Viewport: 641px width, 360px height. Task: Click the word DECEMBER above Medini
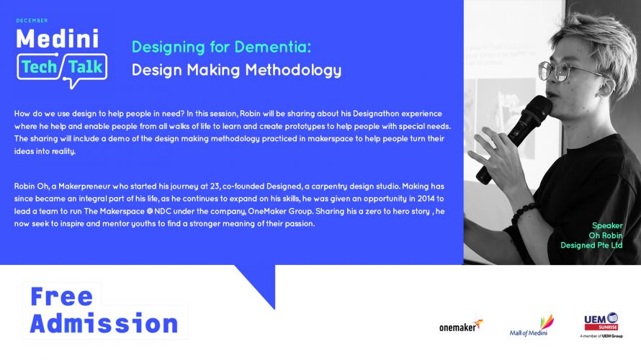(x=32, y=20)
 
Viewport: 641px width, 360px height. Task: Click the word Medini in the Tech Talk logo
(x=58, y=39)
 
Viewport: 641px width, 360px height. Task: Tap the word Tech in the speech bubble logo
(x=39, y=67)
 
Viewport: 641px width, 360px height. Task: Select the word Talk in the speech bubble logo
(x=85, y=67)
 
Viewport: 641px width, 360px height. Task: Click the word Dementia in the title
(x=272, y=47)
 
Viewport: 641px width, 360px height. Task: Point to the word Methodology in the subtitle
(x=293, y=71)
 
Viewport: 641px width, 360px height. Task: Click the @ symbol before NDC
(x=150, y=211)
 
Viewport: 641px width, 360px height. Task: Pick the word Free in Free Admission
(x=62, y=296)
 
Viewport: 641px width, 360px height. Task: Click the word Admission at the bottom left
(x=104, y=323)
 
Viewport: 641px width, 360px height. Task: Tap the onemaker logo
(x=461, y=326)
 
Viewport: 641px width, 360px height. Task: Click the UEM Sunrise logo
(x=601, y=325)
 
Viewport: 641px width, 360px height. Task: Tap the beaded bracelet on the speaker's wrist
(x=523, y=213)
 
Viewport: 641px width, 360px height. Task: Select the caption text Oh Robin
(x=606, y=235)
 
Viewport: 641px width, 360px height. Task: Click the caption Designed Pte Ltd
(x=591, y=246)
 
